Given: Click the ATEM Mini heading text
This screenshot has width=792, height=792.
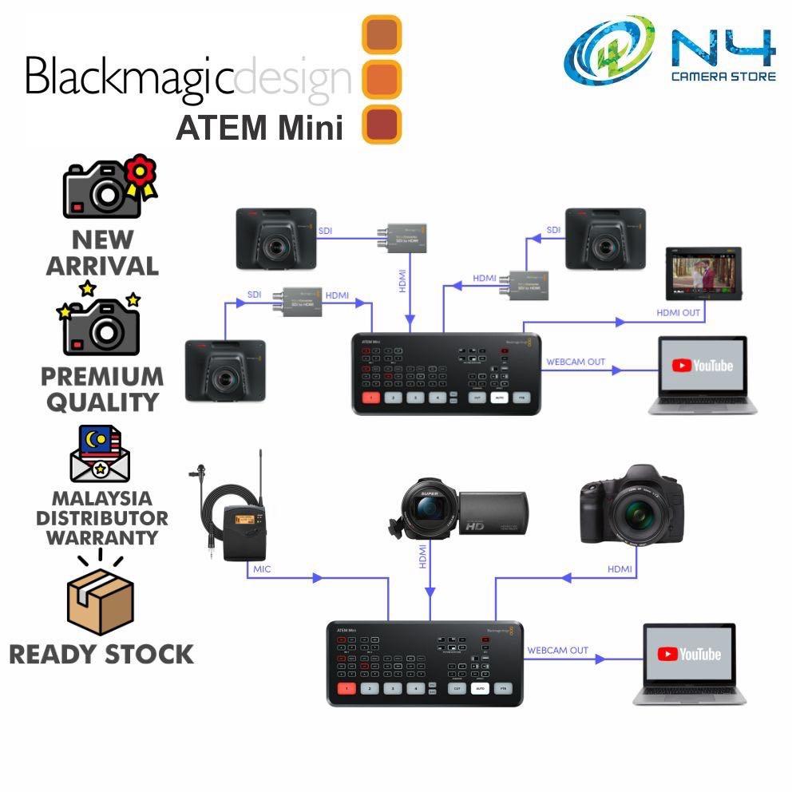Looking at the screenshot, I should [259, 128].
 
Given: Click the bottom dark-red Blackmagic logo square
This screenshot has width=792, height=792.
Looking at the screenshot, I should [382, 125].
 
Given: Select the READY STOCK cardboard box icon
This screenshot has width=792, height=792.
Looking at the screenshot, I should [101, 600].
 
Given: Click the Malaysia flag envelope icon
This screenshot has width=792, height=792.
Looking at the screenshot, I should [101, 457].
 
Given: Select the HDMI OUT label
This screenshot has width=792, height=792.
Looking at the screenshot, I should [679, 313].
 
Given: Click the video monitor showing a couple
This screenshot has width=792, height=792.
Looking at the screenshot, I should [703, 275].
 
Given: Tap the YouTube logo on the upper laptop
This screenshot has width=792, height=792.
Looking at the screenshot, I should [702, 366].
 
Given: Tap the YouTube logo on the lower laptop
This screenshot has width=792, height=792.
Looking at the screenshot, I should [689, 654].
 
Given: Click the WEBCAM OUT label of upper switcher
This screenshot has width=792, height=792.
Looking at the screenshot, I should [575, 362].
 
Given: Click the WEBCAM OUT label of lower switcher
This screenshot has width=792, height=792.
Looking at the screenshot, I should [557, 650].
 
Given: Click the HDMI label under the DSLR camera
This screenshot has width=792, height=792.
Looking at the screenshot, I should [620, 569].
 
